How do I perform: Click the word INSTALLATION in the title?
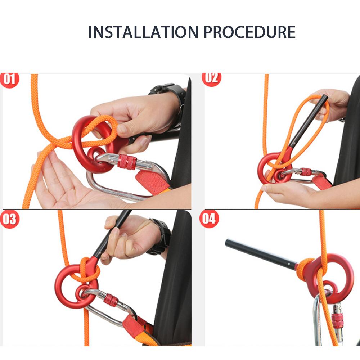(x=143, y=32)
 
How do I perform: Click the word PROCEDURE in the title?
(x=249, y=32)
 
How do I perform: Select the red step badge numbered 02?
(x=211, y=79)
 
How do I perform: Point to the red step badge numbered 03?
(x=10, y=219)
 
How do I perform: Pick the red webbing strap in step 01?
(x=152, y=181)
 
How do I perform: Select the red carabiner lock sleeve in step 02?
(x=306, y=171)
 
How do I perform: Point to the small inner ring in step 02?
(x=281, y=176)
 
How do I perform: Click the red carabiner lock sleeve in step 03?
(x=111, y=300)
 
